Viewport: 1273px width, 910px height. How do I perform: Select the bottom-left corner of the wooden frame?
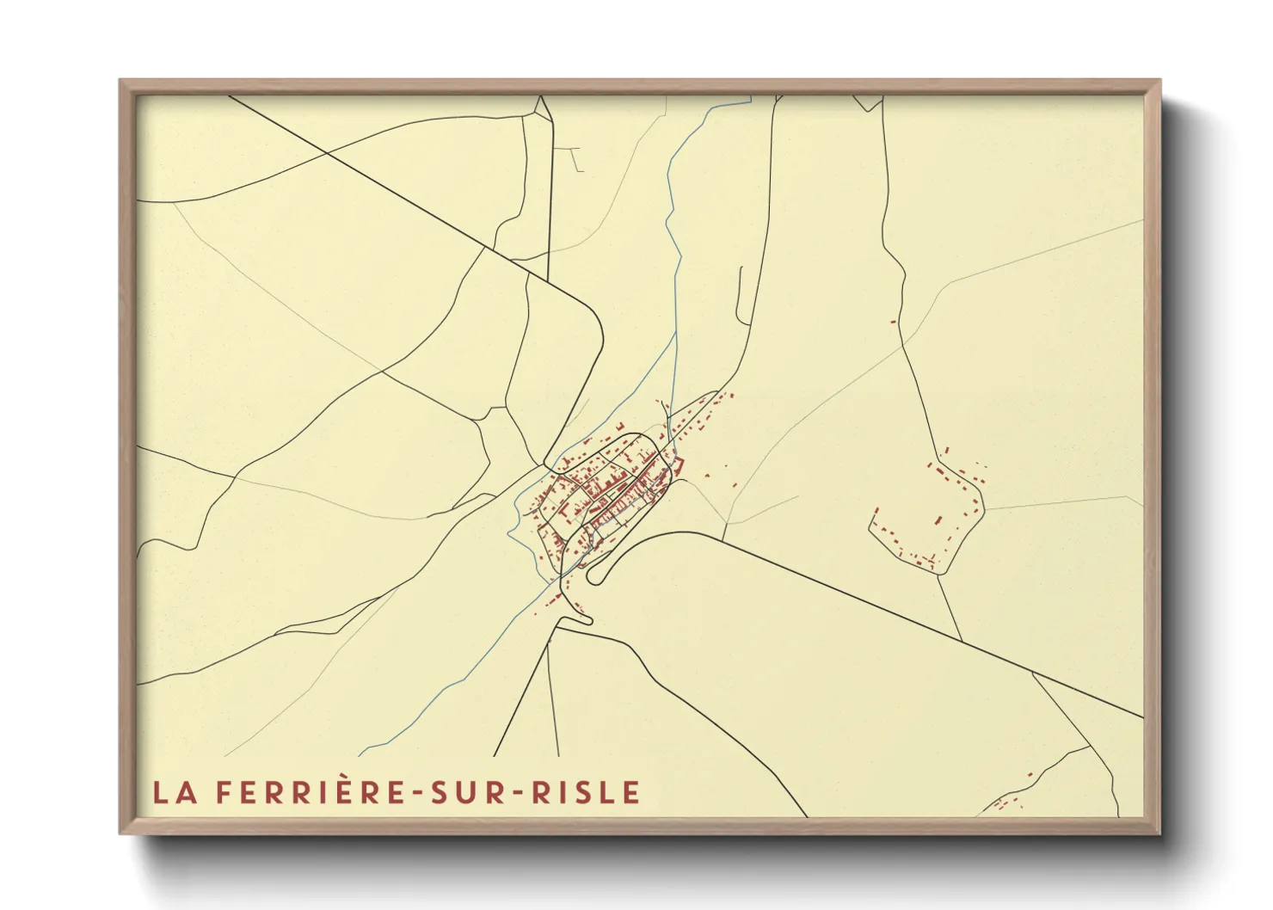tap(121, 833)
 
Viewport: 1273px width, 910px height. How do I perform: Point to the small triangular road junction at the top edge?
tap(541, 108)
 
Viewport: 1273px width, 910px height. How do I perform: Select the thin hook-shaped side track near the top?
tap(572, 158)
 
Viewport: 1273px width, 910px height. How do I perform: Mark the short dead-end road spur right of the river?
tap(739, 292)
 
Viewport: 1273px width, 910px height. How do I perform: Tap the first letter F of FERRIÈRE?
tap(222, 792)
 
